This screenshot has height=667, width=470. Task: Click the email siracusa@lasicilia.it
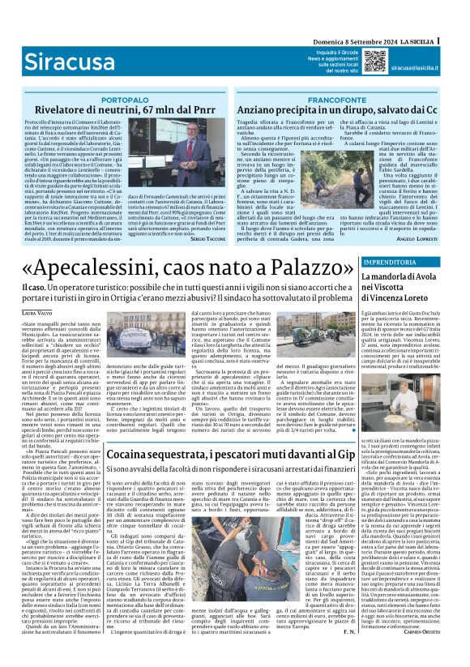point(417,69)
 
